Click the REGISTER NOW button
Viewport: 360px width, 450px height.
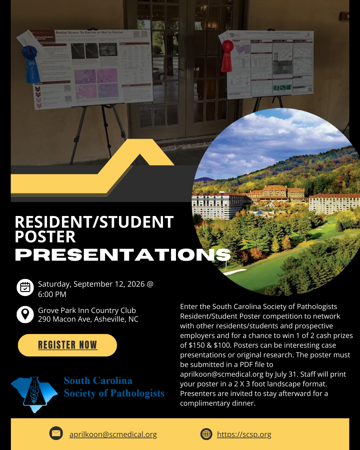pyautogui.click(x=67, y=345)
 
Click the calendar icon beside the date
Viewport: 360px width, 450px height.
pyautogui.click(x=25, y=287)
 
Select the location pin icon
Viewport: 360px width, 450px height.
pyautogui.click(x=25, y=314)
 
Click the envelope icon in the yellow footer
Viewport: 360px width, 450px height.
pyautogui.click(x=56, y=433)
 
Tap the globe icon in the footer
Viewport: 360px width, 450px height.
pyautogui.click(x=206, y=434)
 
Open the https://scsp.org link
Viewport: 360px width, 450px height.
pyautogui.click(x=244, y=435)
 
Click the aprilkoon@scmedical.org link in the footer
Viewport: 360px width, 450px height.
pyautogui.click(x=113, y=435)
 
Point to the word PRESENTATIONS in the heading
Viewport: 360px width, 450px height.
pyautogui.click(x=123, y=255)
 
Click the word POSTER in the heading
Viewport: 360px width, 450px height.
pyautogui.click(x=45, y=237)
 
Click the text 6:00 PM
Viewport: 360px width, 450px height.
pyautogui.click(x=52, y=294)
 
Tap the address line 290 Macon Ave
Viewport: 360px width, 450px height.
pyautogui.click(x=88, y=319)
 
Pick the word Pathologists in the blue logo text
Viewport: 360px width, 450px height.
pyautogui.click(x=138, y=393)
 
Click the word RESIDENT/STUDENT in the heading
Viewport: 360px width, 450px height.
pyautogui.click(x=94, y=222)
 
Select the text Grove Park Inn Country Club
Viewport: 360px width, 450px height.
pyautogui.click(x=87, y=310)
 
